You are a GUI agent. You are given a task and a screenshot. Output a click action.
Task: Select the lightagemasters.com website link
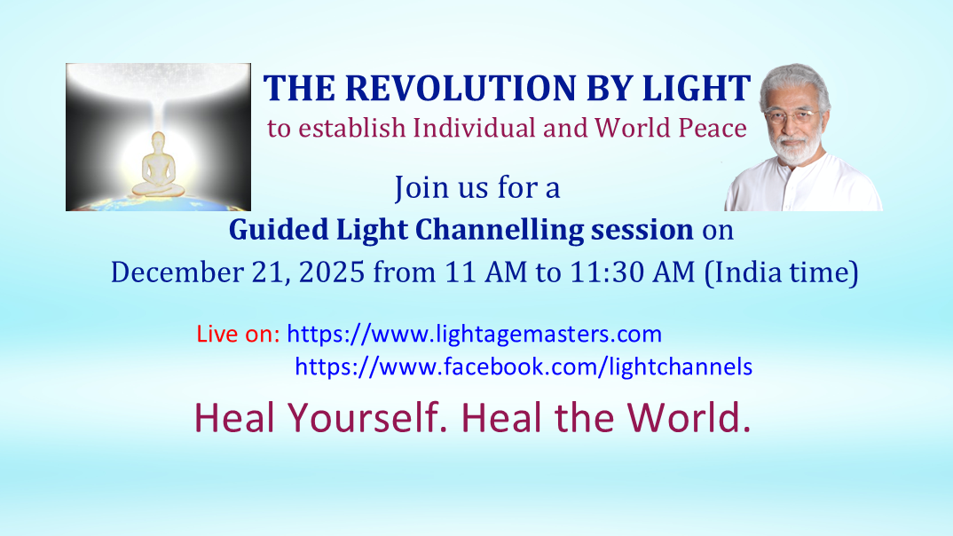pyautogui.click(x=475, y=335)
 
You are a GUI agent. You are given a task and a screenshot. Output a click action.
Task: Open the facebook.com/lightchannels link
pyautogui.click(x=524, y=365)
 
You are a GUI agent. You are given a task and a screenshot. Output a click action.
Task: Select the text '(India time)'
pyautogui.click(x=781, y=272)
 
